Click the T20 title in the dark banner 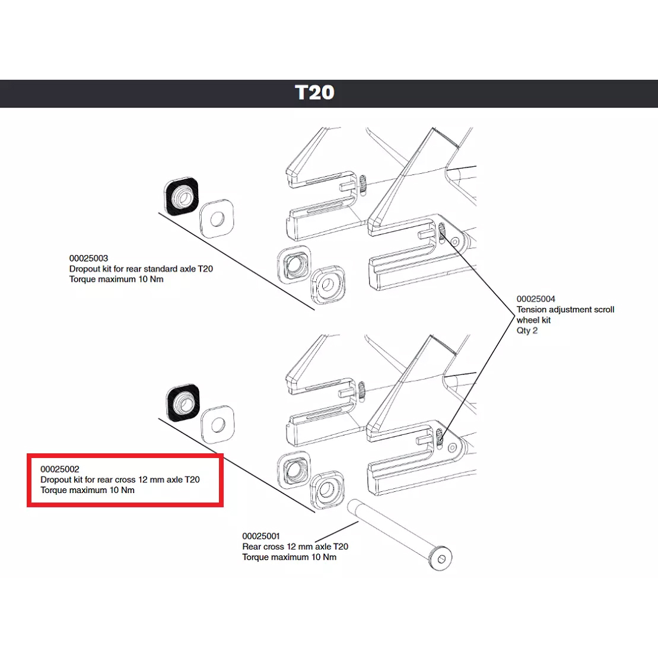click(314, 93)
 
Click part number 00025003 click(88, 258)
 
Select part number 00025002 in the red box click(59, 469)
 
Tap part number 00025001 click(261, 536)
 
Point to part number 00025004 click(536, 299)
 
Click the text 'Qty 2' click(527, 330)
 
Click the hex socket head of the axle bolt click(441, 559)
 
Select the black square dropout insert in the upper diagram click(181, 196)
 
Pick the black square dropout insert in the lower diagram click(183, 402)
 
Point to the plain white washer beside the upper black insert click(217, 218)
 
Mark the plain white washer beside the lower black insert click(218, 425)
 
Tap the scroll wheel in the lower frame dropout click(440, 438)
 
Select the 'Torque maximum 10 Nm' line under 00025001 click(289, 557)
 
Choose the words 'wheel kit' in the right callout click(533, 320)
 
